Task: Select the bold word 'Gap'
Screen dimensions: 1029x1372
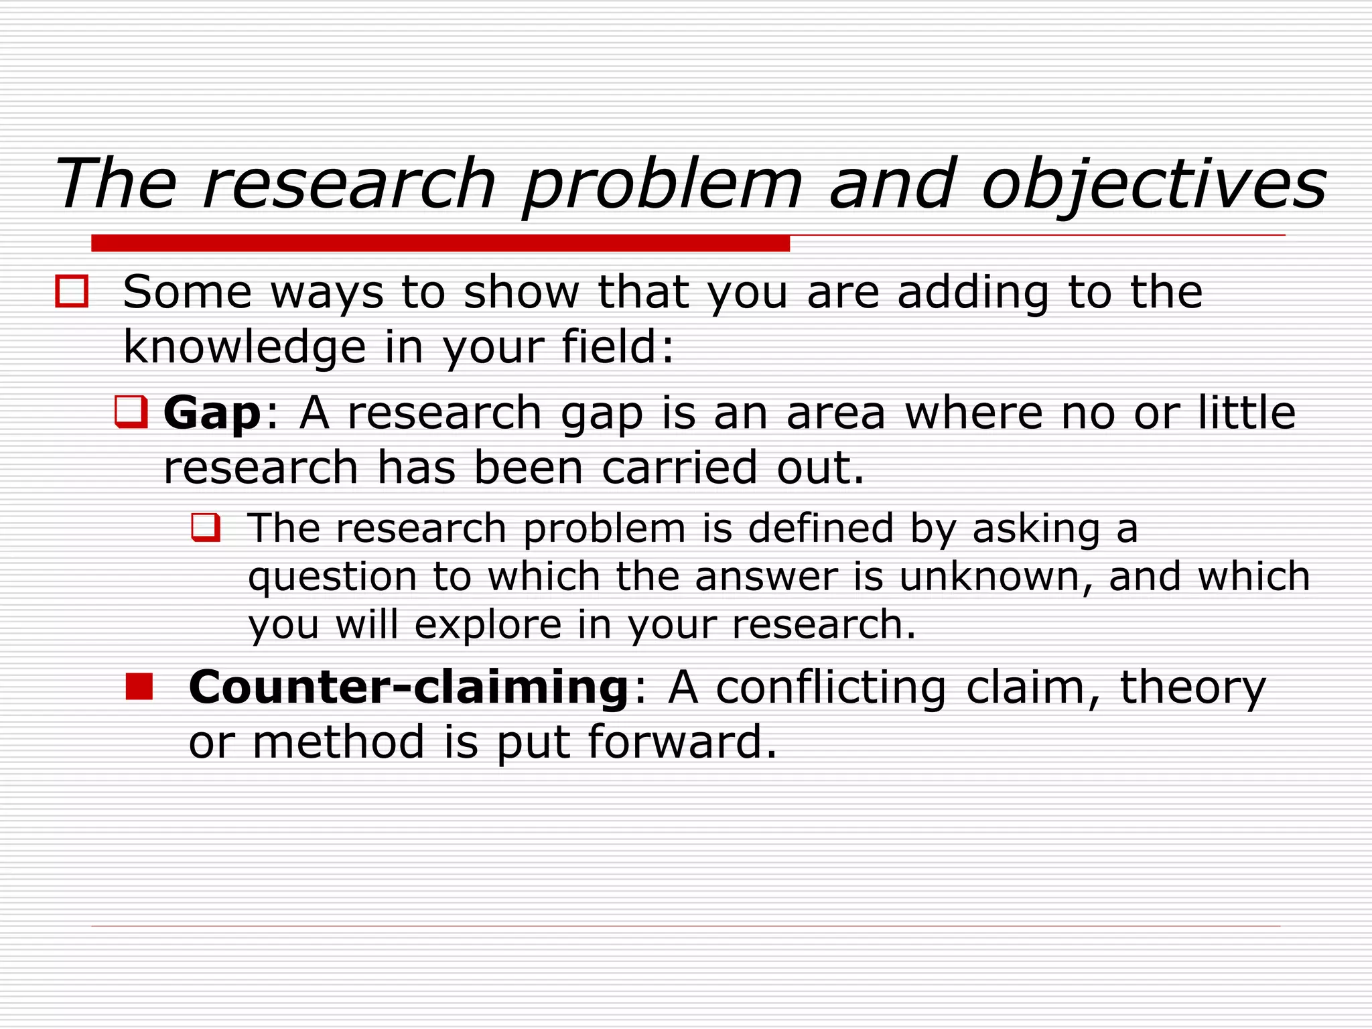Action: point(212,413)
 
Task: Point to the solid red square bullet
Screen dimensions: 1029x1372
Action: point(139,687)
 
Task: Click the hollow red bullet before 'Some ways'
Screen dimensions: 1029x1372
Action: point(72,292)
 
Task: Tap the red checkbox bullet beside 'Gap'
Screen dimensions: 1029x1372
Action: point(131,411)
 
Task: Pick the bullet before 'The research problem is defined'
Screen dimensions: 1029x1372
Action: point(206,527)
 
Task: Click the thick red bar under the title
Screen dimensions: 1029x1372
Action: point(440,243)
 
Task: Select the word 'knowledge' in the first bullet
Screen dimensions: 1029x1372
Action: point(245,347)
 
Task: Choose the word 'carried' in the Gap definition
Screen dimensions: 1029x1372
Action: point(679,468)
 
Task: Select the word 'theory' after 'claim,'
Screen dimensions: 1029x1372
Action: point(1192,687)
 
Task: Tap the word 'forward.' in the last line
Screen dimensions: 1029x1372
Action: point(682,742)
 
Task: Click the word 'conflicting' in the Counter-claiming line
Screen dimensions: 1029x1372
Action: point(831,687)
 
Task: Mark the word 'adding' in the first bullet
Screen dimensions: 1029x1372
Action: point(973,292)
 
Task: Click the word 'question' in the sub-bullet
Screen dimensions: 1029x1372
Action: point(332,577)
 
